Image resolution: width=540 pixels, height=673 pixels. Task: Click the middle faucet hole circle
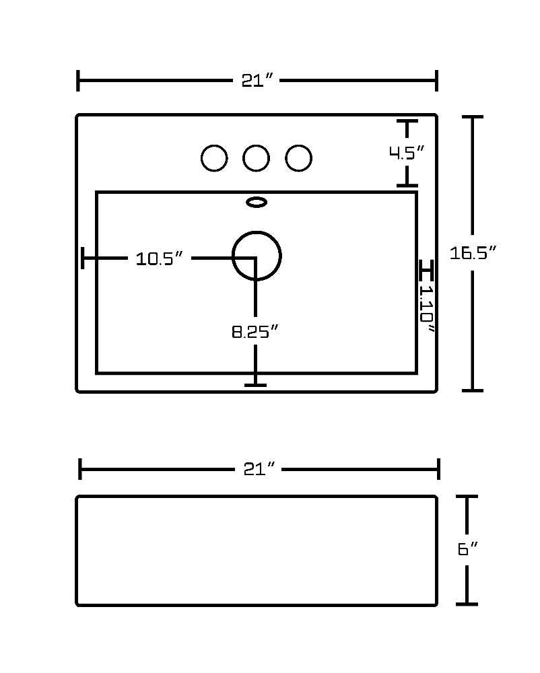pyautogui.click(x=242, y=158)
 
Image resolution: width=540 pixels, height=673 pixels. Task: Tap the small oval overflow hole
pyautogui.click(x=257, y=198)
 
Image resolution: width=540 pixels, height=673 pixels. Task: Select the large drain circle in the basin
pyautogui.click(x=232, y=256)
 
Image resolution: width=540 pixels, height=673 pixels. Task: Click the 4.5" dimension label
pyautogui.click(x=407, y=152)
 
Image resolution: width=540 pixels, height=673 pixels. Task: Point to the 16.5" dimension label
pyautogui.click(x=473, y=252)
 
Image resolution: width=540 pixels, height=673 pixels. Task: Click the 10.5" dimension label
pyautogui.click(x=160, y=258)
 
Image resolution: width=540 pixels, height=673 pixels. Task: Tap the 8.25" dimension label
pyautogui.click(x=255, y=331)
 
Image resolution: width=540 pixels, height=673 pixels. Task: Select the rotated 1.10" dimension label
pyautogui.click(x=427, y=309)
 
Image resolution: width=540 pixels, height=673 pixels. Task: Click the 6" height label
pyautogui.click(x=468, y=549)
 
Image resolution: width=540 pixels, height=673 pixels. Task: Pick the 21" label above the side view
pyautogui.click(x=259, y=469)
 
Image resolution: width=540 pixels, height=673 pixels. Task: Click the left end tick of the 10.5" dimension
pyautogui.click(x=83, y=258)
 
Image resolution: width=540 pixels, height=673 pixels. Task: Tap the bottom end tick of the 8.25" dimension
pyautogui.click(x=255, y=385)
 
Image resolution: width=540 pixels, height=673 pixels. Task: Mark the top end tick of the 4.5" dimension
pyautogui.click(x=407, y=122)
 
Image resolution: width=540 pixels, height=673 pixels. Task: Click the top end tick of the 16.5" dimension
pyautogui.click(x=473, y=116)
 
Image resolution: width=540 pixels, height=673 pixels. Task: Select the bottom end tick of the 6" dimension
pyautogui.click(x=467, y=604)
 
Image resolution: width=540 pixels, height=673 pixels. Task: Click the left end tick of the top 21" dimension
pyautogui.click(x=77, y=80)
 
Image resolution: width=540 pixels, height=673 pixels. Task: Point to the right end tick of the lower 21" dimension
pyautogui.click(x=438, y=468)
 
